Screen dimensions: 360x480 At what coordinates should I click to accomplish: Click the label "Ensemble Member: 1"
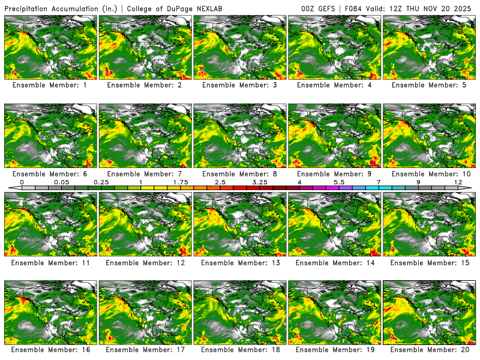[51, 85]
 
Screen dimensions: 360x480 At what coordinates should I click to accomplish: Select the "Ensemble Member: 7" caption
[146, 173]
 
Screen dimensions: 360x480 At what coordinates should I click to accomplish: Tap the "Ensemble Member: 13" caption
[241, 262]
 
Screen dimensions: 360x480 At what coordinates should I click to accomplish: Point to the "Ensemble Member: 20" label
[430, 349]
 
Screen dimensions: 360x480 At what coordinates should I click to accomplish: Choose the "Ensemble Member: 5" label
[430, 85]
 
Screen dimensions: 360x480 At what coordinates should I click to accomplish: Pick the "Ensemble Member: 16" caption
[51, 349]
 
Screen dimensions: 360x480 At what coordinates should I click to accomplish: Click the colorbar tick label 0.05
[61, 182]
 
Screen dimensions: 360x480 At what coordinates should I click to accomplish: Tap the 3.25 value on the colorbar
[260, 182]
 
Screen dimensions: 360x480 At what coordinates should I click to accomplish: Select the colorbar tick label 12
[458, 182]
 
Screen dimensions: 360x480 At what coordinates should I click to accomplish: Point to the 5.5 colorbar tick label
[339, 182]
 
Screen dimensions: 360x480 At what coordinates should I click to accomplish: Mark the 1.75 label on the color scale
[181, 182]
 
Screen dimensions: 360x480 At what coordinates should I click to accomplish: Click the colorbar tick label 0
[22, 182]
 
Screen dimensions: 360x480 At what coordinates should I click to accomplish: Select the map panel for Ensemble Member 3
[241, 47]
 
